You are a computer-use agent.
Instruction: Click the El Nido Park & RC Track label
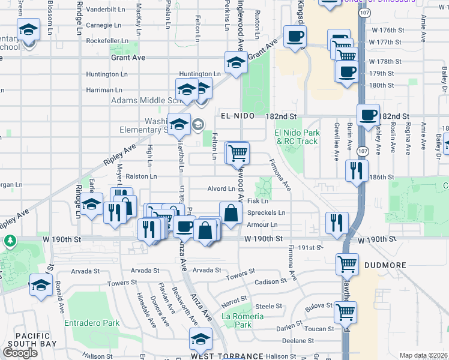pyautogui.click(x=295, y=137)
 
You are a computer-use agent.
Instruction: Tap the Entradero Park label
pyautogui.click(x=92, y=323)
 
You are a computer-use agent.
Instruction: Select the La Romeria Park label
pyautogui.click(x=243, y=320)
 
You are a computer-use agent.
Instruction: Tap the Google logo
pyautogui.click(x=20, y=353)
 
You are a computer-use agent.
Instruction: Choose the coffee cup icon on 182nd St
pyautogui.click(x=368, y=115)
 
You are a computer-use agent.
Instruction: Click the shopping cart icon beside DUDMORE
pyautogui.click(x=348, y=263)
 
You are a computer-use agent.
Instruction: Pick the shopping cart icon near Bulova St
pyautogui.click(x=345, y=311)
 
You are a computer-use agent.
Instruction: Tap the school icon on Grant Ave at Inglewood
pyautogui.click(x=236, y=62)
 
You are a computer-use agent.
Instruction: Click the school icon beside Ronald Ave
pyautogui.click(x=41, y=286)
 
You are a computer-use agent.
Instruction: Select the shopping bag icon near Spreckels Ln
pyautogui.click(x=231, y=212)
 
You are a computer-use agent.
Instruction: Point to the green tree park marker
pyautogui.click(x=10, y=241)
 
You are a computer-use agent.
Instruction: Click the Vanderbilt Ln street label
pyautogui.click(x=106, y=10)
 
